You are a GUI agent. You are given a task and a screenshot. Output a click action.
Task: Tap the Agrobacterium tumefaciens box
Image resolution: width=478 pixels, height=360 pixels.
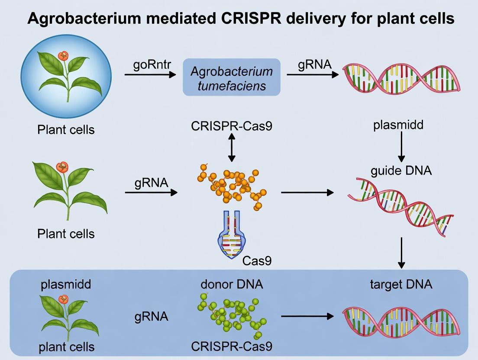pos(232,77)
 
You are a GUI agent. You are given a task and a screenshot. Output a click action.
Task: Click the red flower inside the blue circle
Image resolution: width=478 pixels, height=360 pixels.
pos(64,55)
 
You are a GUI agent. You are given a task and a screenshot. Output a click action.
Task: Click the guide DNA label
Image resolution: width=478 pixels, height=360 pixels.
pos(401,170)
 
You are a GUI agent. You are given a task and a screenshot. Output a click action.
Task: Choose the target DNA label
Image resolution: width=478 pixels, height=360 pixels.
pos(401,284)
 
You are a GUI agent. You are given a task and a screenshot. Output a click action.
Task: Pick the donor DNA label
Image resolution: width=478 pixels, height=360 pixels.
pos(232,284)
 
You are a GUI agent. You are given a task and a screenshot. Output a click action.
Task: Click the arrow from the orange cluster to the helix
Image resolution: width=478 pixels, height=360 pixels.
pos(307,192)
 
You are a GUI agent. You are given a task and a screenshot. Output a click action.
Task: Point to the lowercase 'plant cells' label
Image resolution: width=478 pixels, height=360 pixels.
pos(66,347)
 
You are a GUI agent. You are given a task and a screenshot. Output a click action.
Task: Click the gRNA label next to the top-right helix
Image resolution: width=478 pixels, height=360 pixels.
pos(314,65)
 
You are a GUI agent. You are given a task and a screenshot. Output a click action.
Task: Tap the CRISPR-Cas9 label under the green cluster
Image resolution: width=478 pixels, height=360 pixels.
pos(232,347)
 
